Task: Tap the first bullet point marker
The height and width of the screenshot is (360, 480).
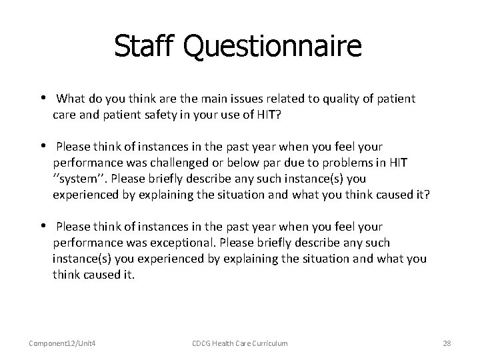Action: [x=42, y=99]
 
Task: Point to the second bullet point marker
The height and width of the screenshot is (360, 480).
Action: [x=42, y=145]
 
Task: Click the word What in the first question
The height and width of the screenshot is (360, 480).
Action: [x=70, y=99]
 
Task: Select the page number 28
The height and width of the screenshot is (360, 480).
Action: [x=447, y=343]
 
